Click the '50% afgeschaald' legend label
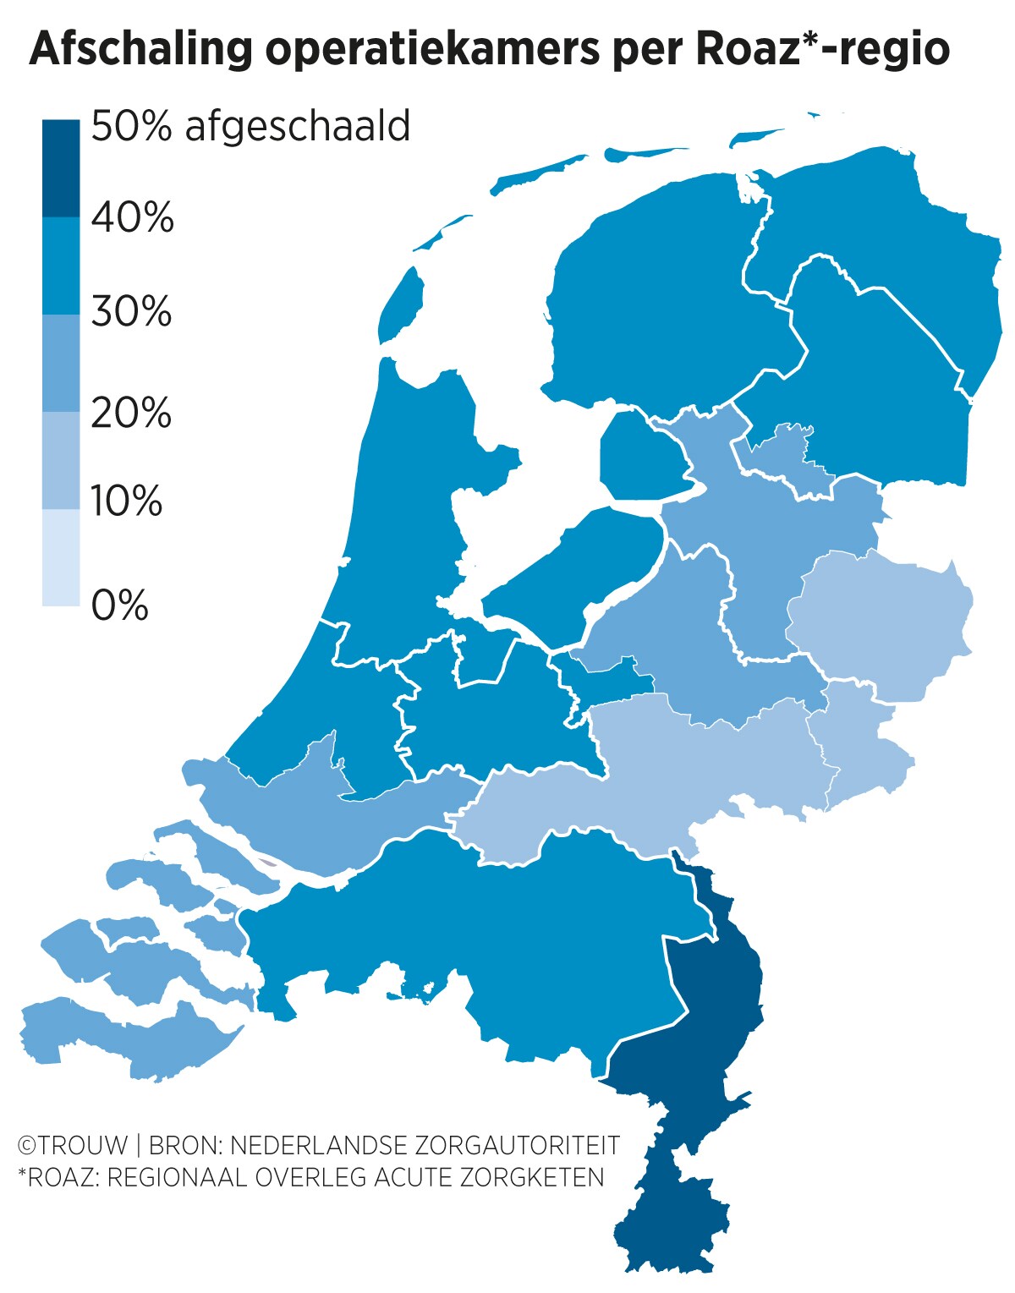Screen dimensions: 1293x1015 pos(250,126)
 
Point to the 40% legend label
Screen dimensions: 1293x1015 pos(133,217)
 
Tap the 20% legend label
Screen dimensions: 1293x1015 pos(131,413)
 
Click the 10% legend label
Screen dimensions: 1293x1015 pos(127,501)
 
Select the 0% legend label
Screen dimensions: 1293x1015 pos(119,605)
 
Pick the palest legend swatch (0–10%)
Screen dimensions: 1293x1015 pos(61,557)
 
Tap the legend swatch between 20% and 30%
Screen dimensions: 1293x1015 pos(61,364)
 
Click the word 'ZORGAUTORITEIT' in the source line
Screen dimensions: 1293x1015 pos(517,1145)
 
